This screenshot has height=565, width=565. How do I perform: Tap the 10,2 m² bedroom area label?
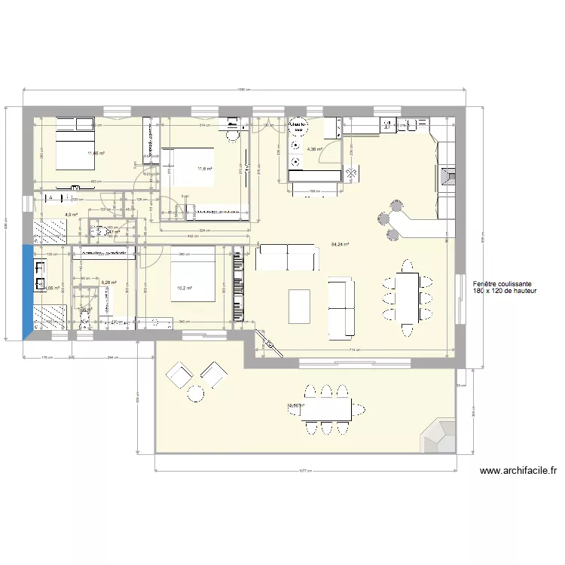185,288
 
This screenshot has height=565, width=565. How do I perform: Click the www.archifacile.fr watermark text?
518,471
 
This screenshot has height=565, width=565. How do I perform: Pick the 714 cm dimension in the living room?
352,351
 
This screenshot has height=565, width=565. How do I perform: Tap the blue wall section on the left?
28,290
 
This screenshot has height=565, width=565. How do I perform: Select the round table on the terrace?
196,392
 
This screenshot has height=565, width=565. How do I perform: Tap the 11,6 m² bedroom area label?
204,169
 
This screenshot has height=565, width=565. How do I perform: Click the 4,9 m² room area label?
72,215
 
